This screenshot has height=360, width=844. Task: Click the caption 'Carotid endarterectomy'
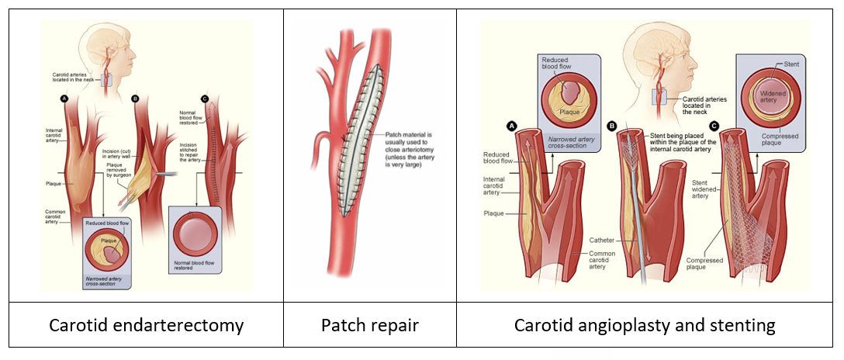(x=146, y=324)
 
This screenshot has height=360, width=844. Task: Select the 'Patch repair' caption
(x=368, y=324)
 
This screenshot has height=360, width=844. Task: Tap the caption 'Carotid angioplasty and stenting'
(x=645, y=324)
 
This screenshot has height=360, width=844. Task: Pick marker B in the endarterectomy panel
(x=135, y=99)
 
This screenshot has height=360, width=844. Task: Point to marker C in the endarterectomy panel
(x=205, y=99)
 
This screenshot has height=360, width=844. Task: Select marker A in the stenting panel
(x=511, y=125)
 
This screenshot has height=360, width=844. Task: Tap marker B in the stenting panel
(x=612, y=125)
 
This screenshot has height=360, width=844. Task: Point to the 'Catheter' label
(x=602, y=240)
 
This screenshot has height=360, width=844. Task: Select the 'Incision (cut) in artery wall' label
(x=117, y=152)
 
